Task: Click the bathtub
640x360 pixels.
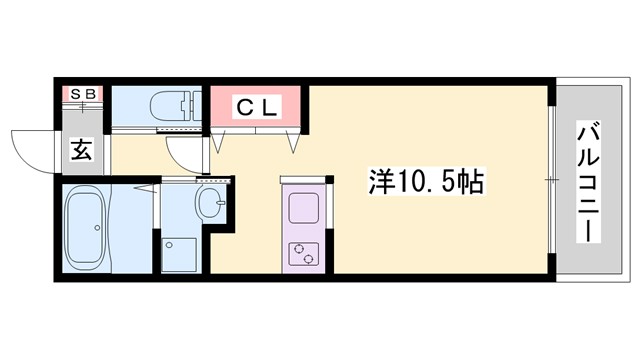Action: (x=84, y=227)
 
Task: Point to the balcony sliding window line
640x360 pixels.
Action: (x=551, y=180)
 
